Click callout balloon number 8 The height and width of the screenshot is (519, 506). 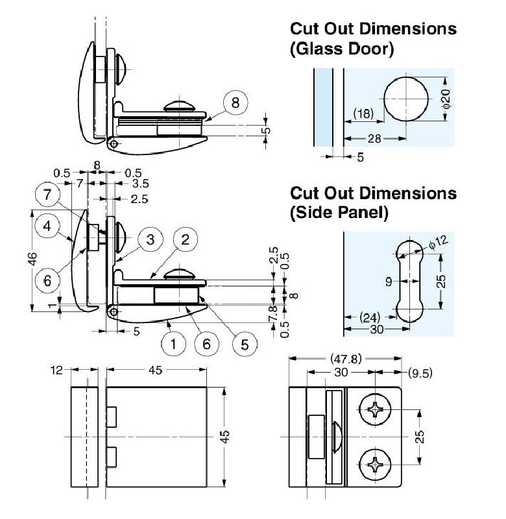(235, 103)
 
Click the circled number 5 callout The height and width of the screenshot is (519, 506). (244, 344)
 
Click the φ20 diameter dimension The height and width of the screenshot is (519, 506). (445, 100)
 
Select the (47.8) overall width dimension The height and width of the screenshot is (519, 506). (344, 358)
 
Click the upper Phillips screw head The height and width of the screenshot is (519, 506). (376, 409)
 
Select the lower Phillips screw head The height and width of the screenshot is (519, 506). (376, 465)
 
